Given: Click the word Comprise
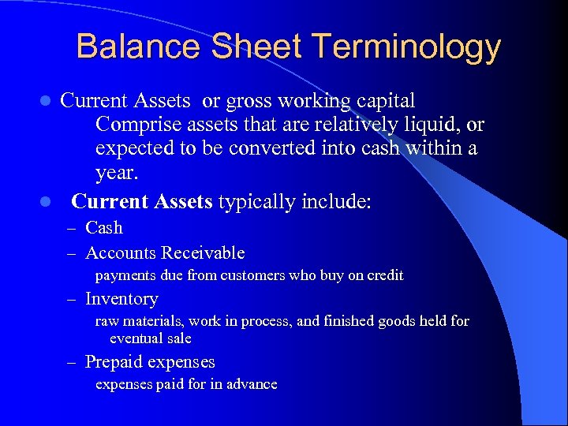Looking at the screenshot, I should click(136, 125).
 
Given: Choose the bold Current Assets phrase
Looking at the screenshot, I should click(142, 201).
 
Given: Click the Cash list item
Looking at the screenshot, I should click(104, 228).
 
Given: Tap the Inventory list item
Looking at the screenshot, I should click(121, 299).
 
